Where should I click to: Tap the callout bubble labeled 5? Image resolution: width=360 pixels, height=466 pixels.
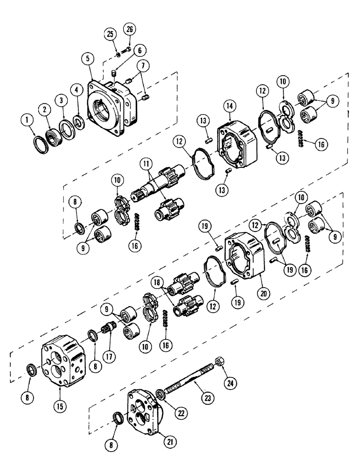tap(85, 59)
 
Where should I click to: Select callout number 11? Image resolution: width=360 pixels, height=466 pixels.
tap(147, 164)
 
